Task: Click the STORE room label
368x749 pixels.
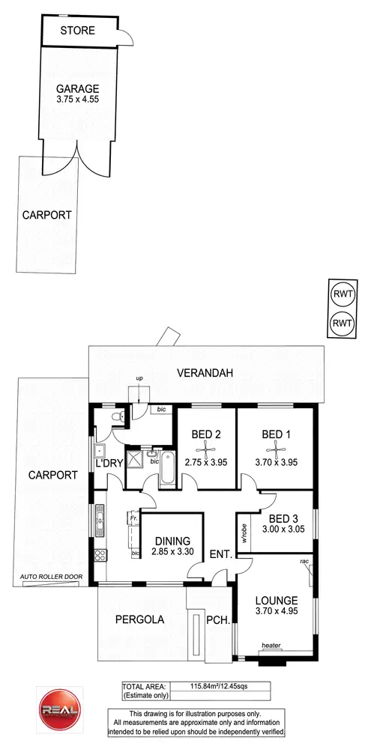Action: [x=77, y=31]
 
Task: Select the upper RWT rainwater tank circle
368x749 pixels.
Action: [x=342, y=294]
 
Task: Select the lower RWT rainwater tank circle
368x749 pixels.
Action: [x=342, y=323]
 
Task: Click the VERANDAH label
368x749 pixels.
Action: [x=205, y=372]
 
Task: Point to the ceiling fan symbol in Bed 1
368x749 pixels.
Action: [x=274, y=447]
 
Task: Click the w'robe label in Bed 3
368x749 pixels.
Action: [x=244, y=532]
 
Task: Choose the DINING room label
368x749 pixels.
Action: [x=172, y=541]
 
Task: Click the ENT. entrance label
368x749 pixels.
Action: [x=220, y=554]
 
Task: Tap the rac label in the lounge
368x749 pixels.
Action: [x=305, y=561]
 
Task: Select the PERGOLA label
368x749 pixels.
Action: [x=139, y=620]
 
